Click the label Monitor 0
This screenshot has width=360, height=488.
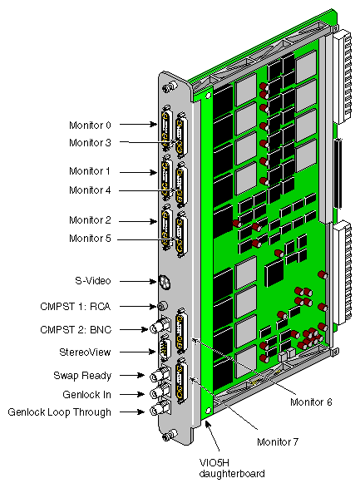[x=90, y=126]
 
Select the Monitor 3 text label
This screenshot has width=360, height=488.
[x=90, y=142]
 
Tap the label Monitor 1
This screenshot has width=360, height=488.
[x=90, y=172]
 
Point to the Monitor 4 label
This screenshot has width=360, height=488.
[x=90, y=190]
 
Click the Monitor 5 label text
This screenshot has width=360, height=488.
[x=90, y=239]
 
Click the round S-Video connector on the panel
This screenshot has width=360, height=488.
[x=164, y=282]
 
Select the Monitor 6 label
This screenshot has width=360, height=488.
[x=312, y=402]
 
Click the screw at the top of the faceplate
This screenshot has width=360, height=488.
[x=168, y=86]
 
